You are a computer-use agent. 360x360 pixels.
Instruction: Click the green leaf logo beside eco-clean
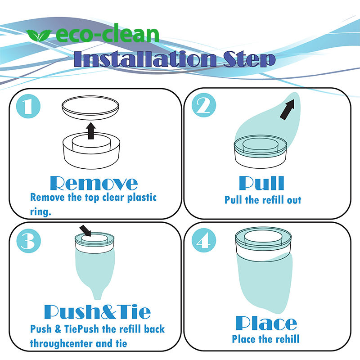[38, 36]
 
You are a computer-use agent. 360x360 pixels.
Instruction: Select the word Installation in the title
[145, 59]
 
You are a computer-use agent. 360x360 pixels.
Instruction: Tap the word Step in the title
[250, 59]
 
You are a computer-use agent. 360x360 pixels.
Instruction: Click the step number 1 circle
[28, 106]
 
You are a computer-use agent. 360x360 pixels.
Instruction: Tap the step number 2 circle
[204, 105]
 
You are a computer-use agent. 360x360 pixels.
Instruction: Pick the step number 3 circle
[28, 241]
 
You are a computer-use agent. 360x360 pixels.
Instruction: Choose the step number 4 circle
[204, 240]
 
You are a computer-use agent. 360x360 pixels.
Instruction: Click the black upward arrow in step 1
[91, 131]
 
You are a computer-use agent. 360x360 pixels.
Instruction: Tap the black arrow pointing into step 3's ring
[85, 231]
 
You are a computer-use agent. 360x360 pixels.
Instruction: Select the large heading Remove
[94, 183]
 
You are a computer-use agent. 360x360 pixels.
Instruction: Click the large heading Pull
[262, 183]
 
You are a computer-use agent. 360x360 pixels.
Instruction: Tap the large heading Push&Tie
[97, 312]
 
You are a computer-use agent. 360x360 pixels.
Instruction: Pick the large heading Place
[266, 323]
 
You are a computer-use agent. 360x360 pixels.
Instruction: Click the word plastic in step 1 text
[142, 198]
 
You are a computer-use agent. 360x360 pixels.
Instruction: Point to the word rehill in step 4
[288, 339]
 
